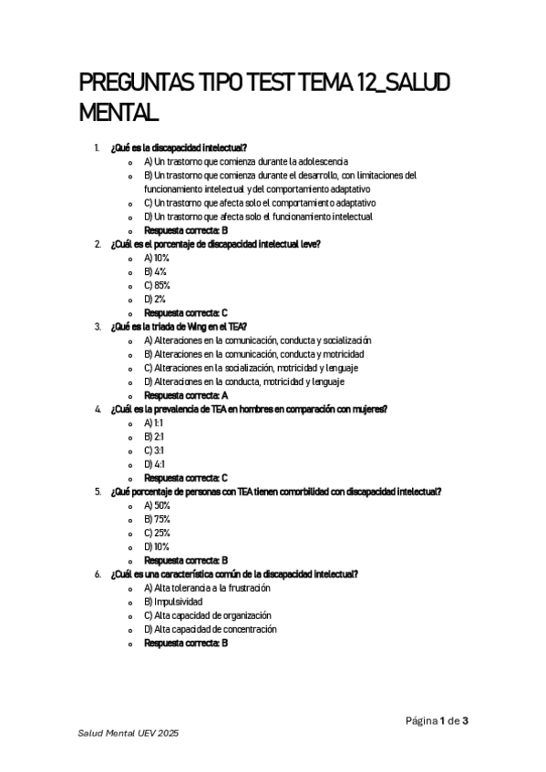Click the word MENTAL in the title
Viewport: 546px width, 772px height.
pyautogui.click(x=121, y=116)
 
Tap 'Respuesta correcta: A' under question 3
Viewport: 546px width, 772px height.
pyautogui.click(x=186, y=395)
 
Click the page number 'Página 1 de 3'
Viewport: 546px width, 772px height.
pyautogui.click(x=437, y=721)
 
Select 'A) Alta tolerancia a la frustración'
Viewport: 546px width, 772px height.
pyautogui.click(x=206, y=588)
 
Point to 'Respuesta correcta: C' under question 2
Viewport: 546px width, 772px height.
pyautogui.click(x=186, y=312)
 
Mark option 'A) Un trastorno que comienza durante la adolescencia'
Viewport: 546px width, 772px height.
pyautogui.click(x=246, y=161)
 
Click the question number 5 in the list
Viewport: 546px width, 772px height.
pyautogui.click(x=98, y=492)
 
